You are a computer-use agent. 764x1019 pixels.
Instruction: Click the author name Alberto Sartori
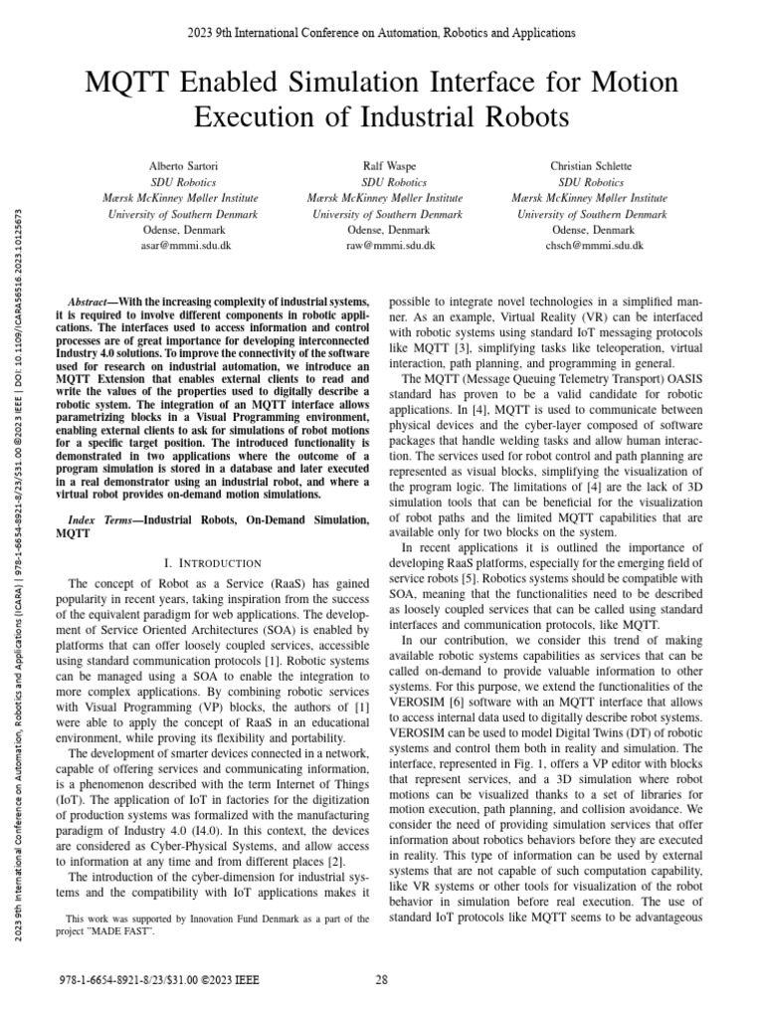176,167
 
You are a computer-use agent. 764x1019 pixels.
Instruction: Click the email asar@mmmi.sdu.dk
176,245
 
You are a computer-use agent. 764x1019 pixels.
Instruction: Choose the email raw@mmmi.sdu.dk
385,245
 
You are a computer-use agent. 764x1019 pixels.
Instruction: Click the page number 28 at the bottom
382,980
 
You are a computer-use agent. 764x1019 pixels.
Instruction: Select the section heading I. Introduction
217,563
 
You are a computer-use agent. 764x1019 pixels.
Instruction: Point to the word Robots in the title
516,117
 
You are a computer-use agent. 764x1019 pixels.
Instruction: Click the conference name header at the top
382,33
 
